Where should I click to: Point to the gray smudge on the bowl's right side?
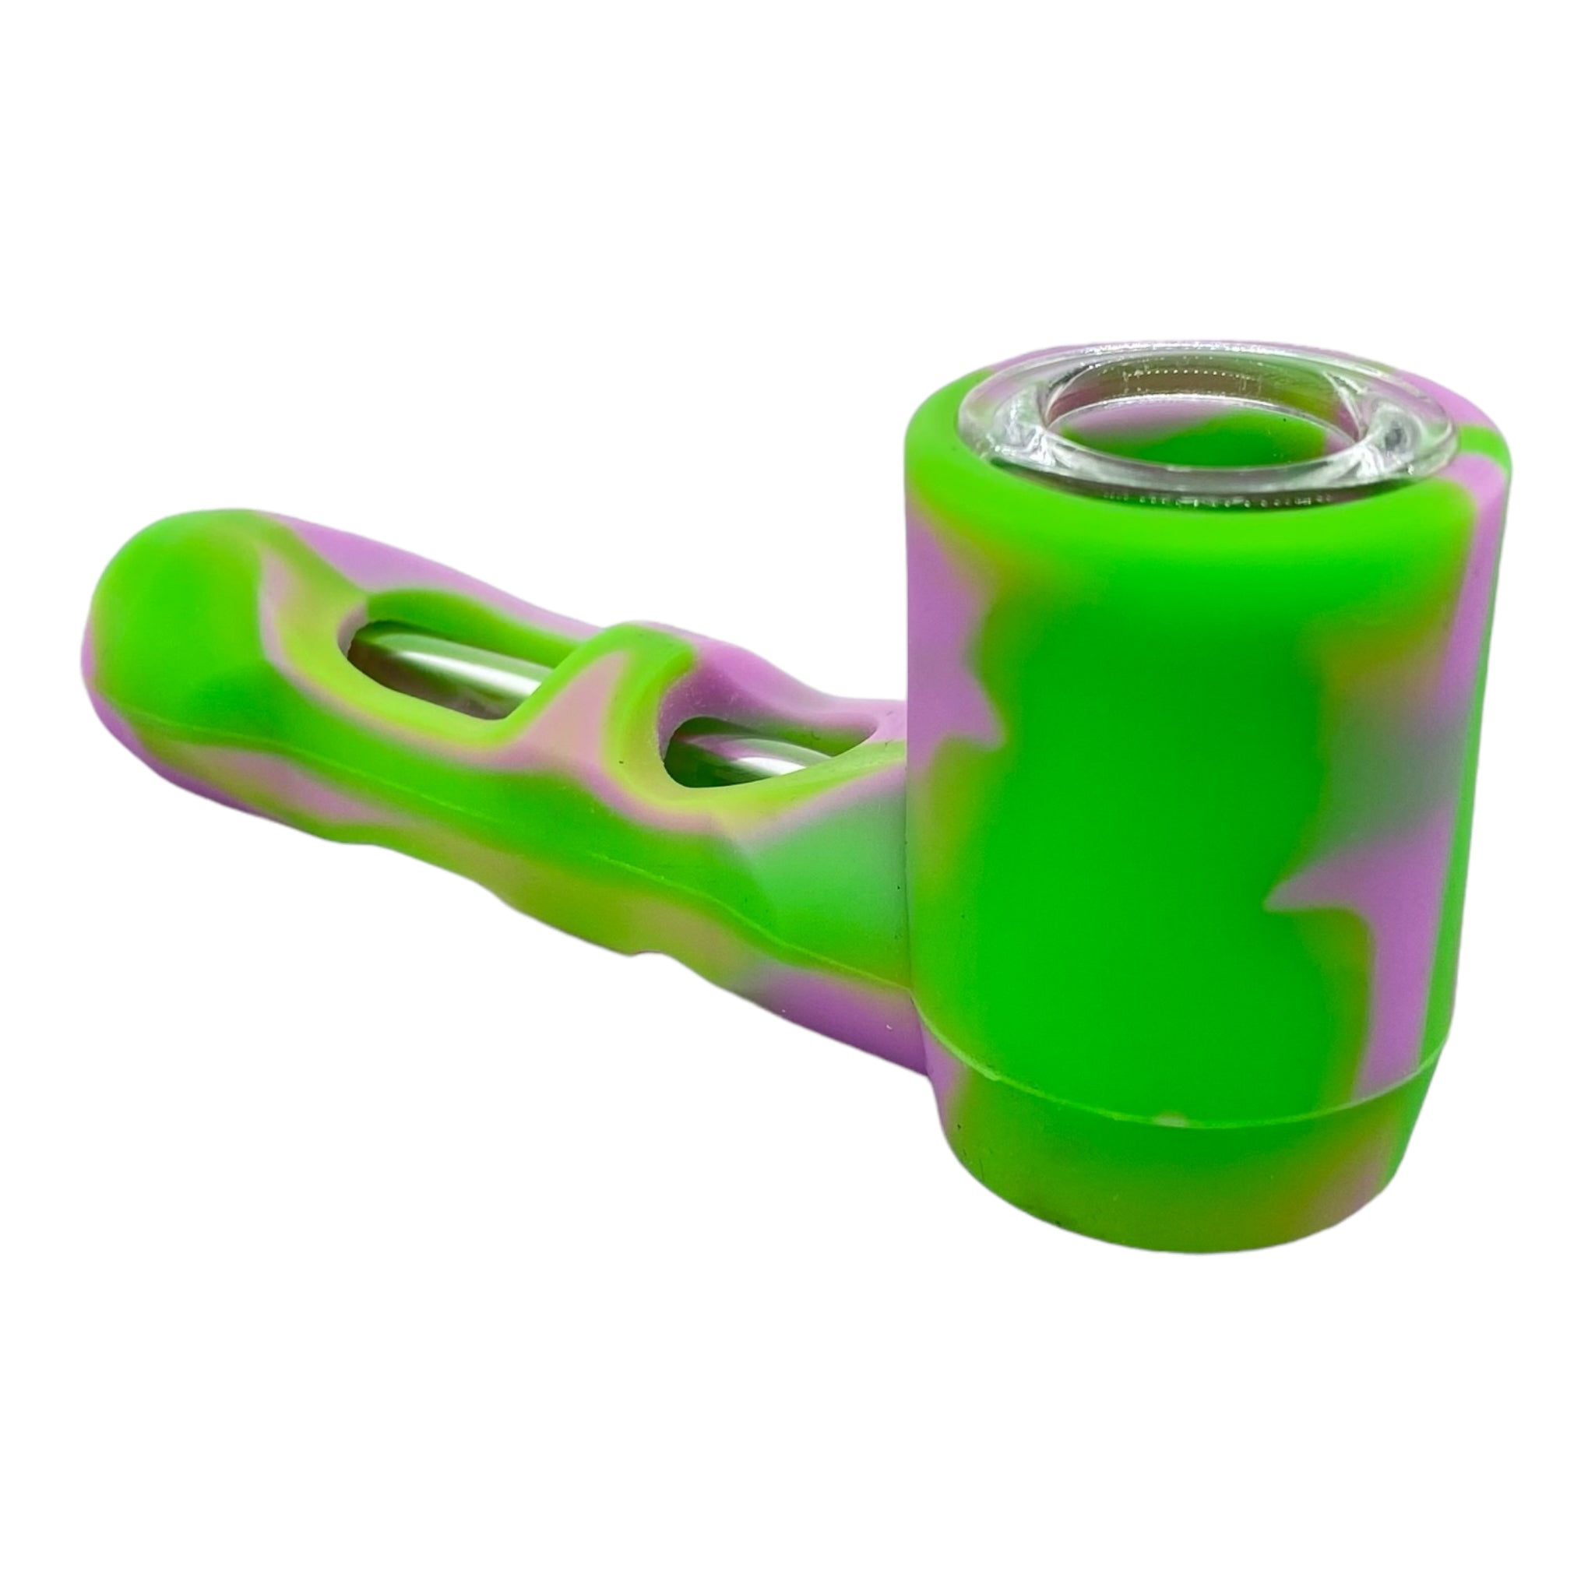point(1362,727)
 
